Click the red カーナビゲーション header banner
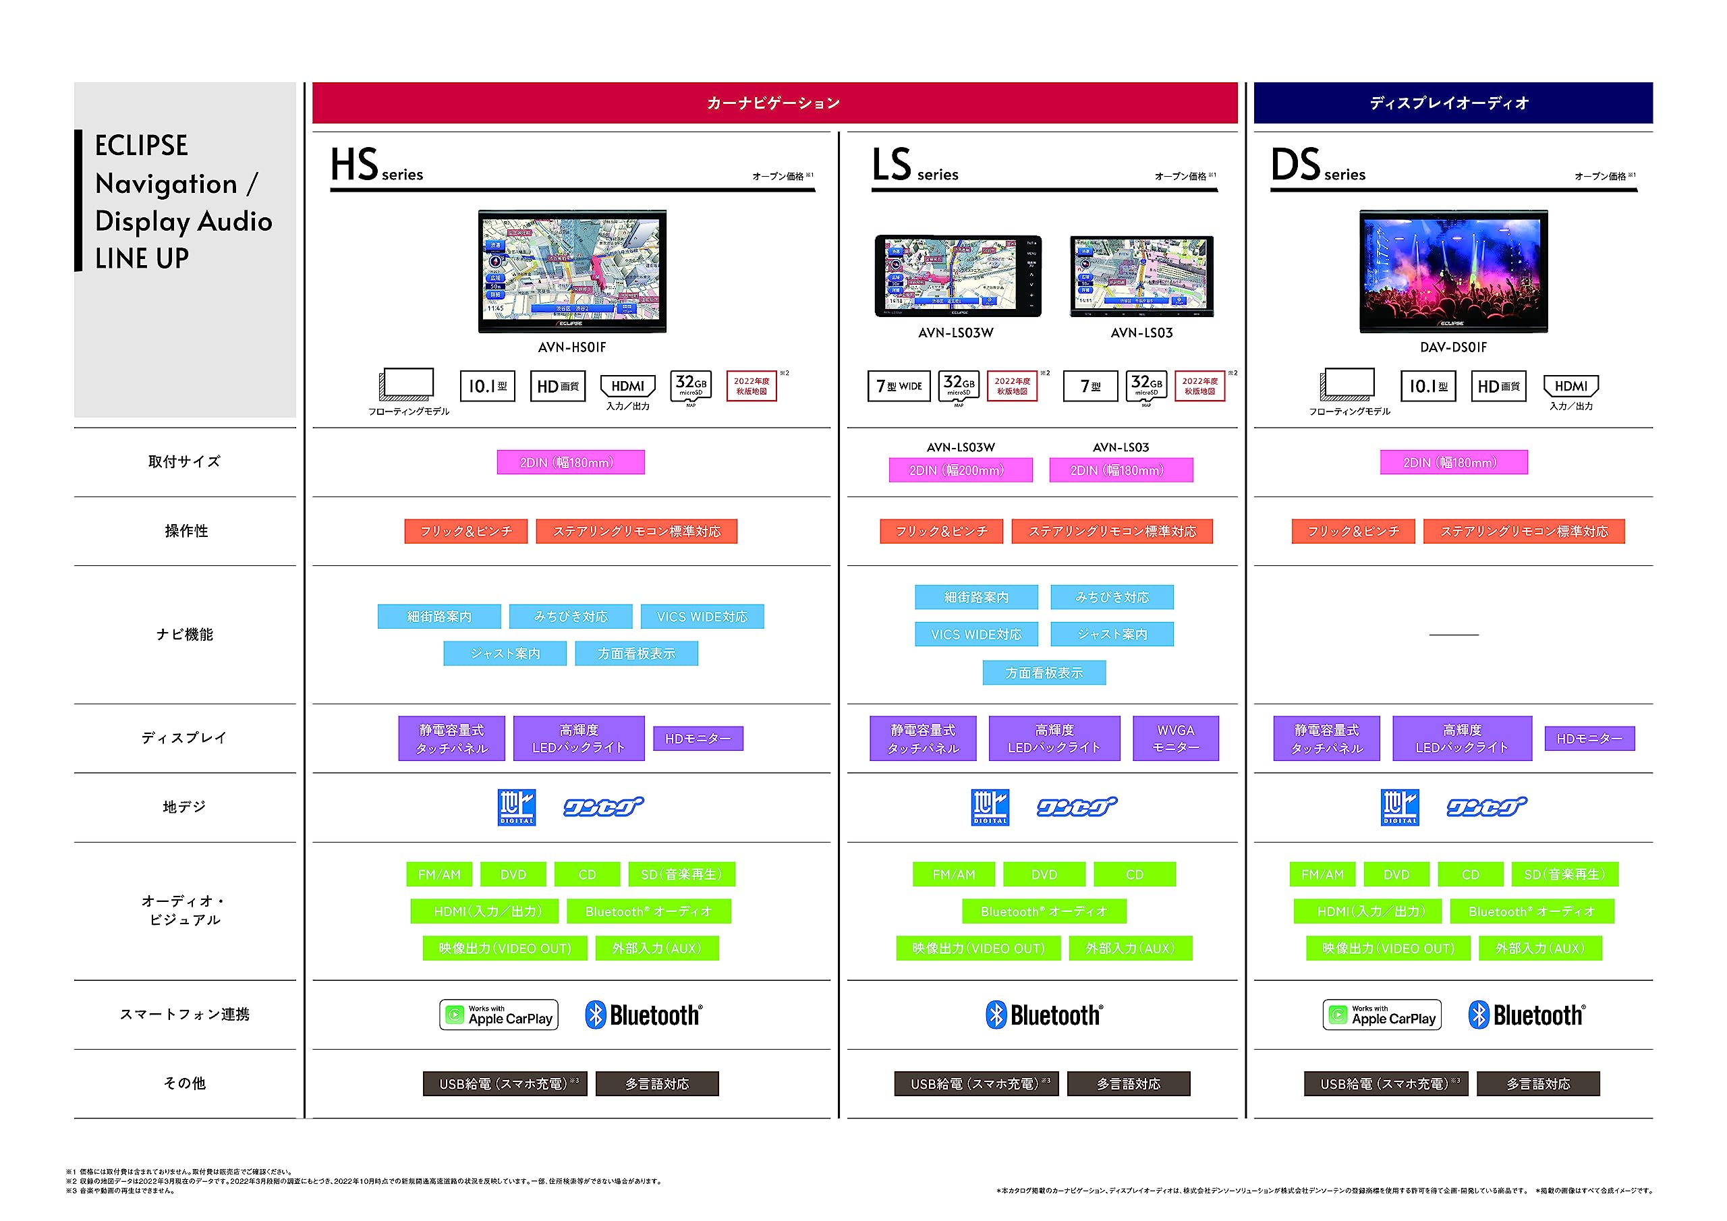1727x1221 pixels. [774, 103]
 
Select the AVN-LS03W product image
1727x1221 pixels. [957, 276]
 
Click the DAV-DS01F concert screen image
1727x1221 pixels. [1453, 271]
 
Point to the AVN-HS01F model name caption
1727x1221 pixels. [571, 347]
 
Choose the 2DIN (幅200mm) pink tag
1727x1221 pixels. [960, 470]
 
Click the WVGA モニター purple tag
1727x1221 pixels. [1175, 739]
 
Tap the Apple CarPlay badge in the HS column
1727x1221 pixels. [499, 1015]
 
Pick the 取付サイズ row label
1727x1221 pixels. [184, 462]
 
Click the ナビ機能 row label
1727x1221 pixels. [184, 635]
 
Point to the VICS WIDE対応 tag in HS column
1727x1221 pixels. [702, 617]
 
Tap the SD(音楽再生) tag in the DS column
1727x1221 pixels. [1564, 875]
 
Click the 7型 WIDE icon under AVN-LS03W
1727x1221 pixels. [899, 387]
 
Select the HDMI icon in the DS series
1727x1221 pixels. [1570, 387]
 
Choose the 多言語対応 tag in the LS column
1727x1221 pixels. [1128, 1084]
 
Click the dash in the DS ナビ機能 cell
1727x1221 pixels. [1453, 635]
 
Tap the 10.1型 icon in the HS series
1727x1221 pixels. [488, 387]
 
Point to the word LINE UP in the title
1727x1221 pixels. [142, 259]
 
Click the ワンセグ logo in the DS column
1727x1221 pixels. [1486, 807]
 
